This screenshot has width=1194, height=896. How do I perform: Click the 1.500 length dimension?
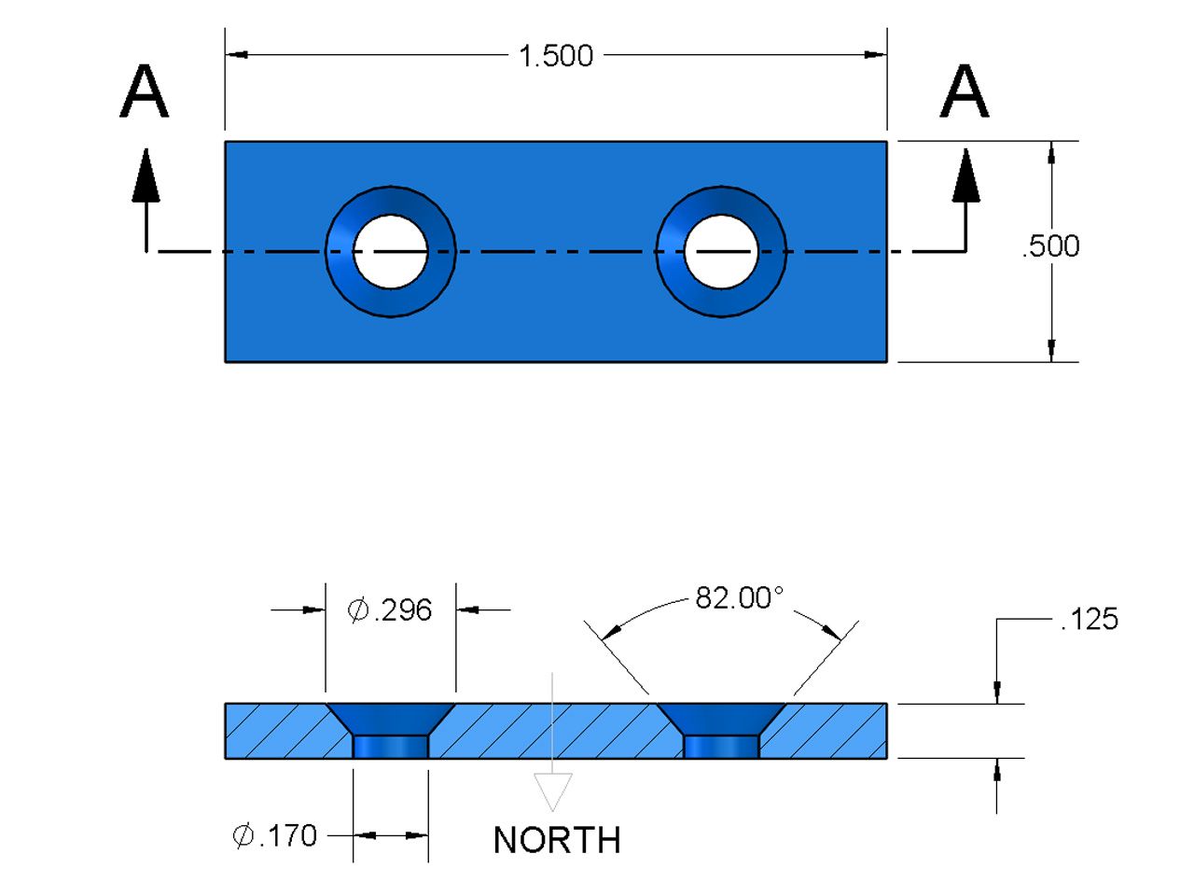[x=556, y=56]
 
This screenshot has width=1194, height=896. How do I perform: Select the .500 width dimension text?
[x=1051, y=246]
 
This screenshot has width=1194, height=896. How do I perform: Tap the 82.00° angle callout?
[x=740, y=598]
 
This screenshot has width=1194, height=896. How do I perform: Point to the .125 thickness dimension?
[x=1090, y=620]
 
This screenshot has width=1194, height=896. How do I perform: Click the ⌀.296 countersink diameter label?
[x=390, y=610]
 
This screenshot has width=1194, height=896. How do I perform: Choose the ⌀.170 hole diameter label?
[x=275, y=835]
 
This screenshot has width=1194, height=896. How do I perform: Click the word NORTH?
[x=557, y=840]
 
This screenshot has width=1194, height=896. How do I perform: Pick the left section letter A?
[x=145, y=91]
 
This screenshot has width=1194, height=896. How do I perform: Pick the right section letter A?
[x=965, y=91]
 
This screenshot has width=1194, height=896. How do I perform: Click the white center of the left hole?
[x=391, y=252]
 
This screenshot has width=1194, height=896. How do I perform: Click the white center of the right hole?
[x=721, y=252]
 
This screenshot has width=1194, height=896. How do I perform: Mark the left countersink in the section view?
[x=391, y=718]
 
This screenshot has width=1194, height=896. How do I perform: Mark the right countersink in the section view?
[x=721, y=718]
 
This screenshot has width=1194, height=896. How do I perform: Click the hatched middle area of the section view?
[x=556, y=731]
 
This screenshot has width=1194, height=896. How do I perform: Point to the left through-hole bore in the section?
[x=391, y=747]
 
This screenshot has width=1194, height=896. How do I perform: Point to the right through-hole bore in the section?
[x=721, y=747]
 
